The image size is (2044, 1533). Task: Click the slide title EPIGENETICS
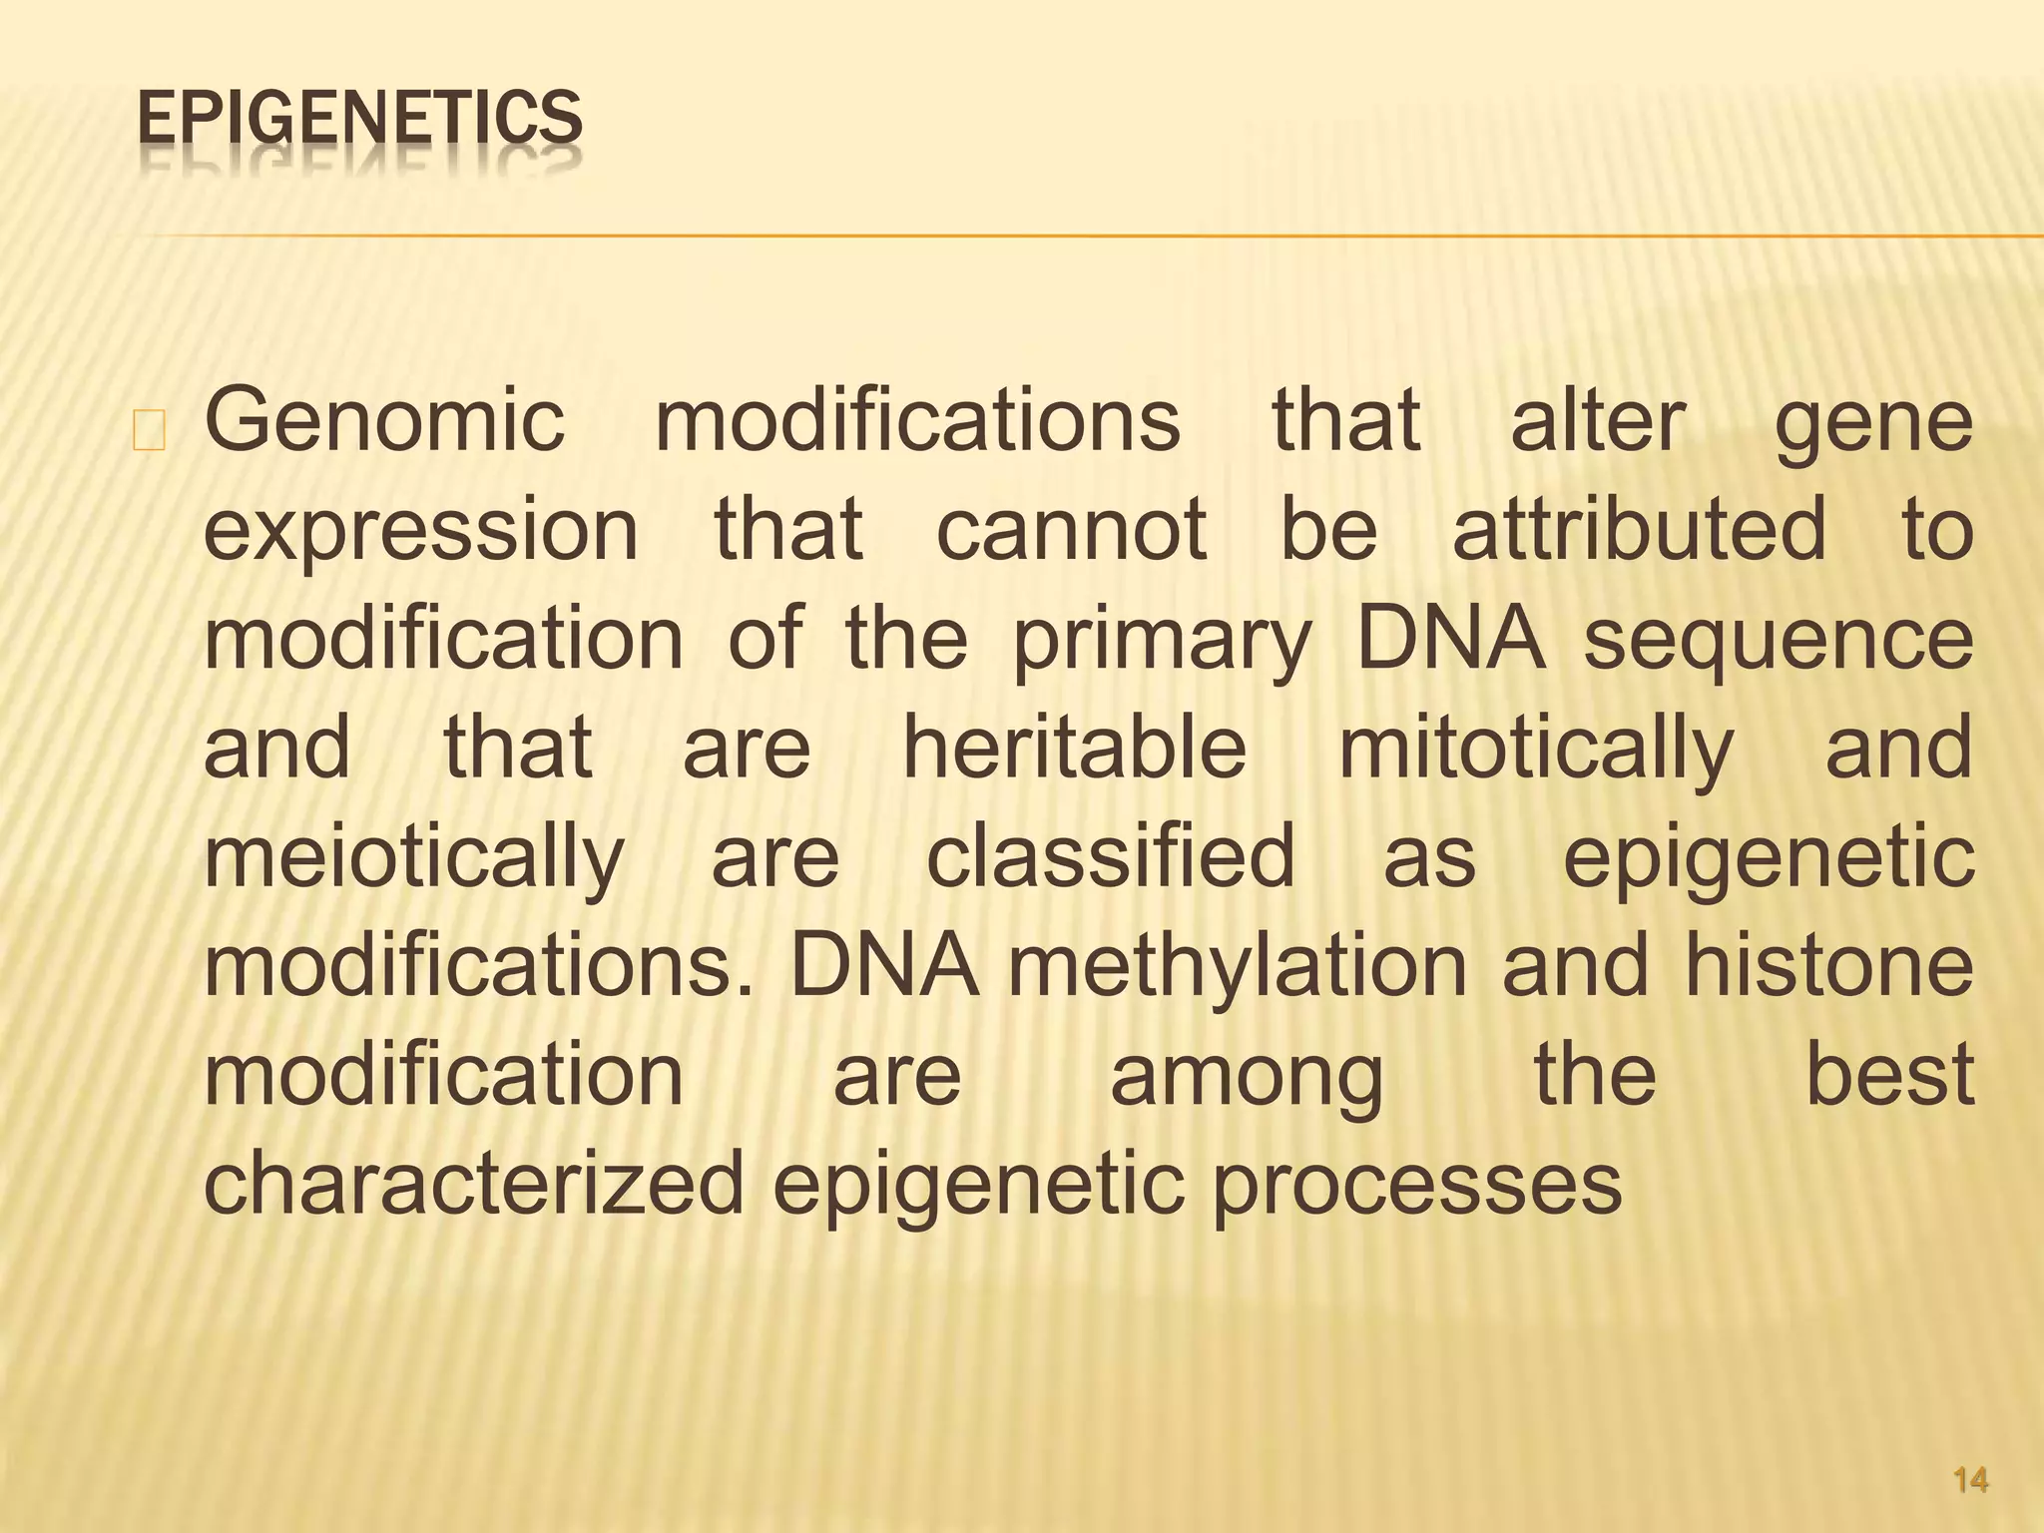coord(359,118)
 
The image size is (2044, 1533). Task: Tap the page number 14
coord(1970,1480)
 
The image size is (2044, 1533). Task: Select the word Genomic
coord(384,422)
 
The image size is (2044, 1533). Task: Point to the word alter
coord(1598,422)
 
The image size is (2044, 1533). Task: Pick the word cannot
coord(1071,529)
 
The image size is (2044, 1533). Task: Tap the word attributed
coord(1639,529)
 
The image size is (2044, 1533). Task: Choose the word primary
coord(1161,641)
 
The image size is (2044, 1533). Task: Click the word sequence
coord(1778,641)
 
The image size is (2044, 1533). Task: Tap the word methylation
coord(1238,968)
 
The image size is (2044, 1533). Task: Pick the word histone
coord(1829,966)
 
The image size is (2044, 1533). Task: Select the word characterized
coord(474,1184)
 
